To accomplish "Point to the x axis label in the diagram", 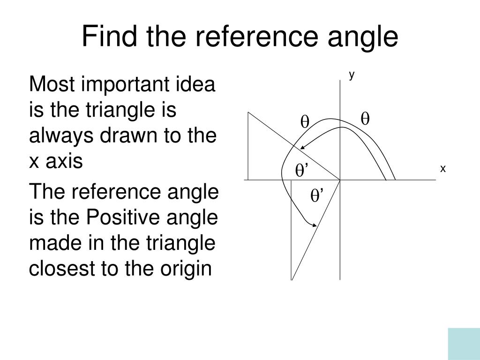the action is point(442,169).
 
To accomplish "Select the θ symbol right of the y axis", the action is point(365,119).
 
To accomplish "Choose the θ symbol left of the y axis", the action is point(305,122).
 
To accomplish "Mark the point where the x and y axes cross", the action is point(340,180).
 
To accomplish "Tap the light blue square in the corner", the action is point(464,344).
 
